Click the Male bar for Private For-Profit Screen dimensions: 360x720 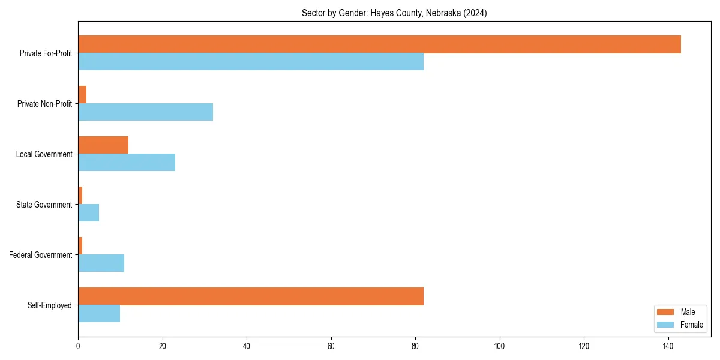[x=379, y=44]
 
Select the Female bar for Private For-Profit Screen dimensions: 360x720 [x=251, y=62]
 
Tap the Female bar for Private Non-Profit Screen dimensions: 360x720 [x=145, y=112]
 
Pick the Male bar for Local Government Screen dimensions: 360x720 [x=103, y=145]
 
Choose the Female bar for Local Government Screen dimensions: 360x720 [x=127, y=163]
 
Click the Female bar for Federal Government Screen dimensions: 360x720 [x=101, y=263]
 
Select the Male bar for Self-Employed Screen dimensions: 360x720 [x=251, y=296]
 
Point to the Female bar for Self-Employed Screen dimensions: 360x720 [x=99, y=314]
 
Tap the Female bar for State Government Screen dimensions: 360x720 [x=88, y=213]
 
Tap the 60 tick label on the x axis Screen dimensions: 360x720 [x=331, y=346]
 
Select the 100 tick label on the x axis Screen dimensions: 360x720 [x=499, y=346]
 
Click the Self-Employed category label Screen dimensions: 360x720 [x=49, y=305]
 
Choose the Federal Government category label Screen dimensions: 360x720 [x=41, y=255]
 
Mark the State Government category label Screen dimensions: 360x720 [x=44, y=205]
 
